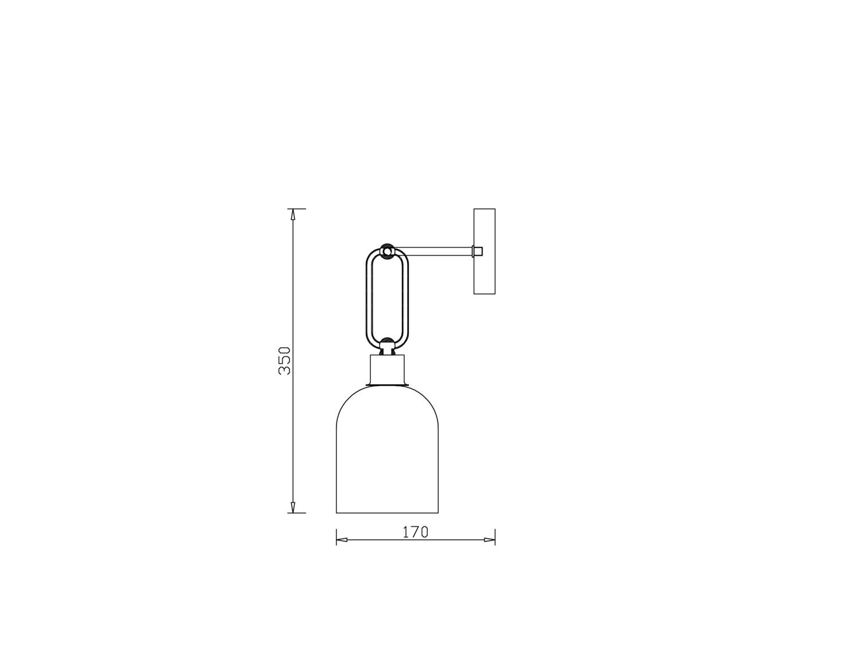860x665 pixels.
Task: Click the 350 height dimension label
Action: point(285,360)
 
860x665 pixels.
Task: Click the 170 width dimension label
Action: point(415,532)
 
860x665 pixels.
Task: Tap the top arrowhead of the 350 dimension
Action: point(293,215)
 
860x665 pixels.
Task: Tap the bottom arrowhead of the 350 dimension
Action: point(293,507)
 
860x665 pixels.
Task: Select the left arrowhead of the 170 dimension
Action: point(342,540)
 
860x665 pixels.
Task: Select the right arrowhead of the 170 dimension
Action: point(489,540)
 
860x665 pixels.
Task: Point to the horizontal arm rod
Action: point(436,251)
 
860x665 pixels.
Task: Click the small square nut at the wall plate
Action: point(477,251)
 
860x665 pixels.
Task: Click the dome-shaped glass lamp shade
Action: point(387,453)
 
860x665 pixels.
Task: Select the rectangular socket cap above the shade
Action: point(388,369)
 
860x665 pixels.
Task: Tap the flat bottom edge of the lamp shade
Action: point(387,512)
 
